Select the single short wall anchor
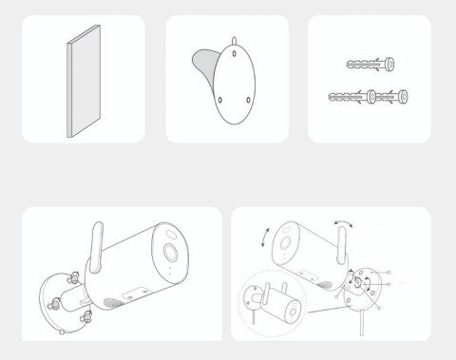click(367, 65)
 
